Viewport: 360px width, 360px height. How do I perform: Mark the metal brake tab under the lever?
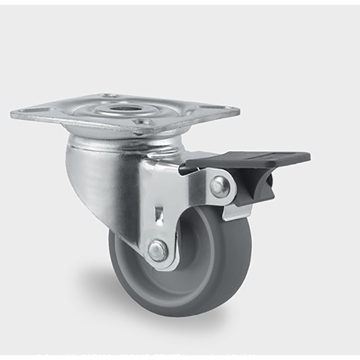(x=236, y=212)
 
